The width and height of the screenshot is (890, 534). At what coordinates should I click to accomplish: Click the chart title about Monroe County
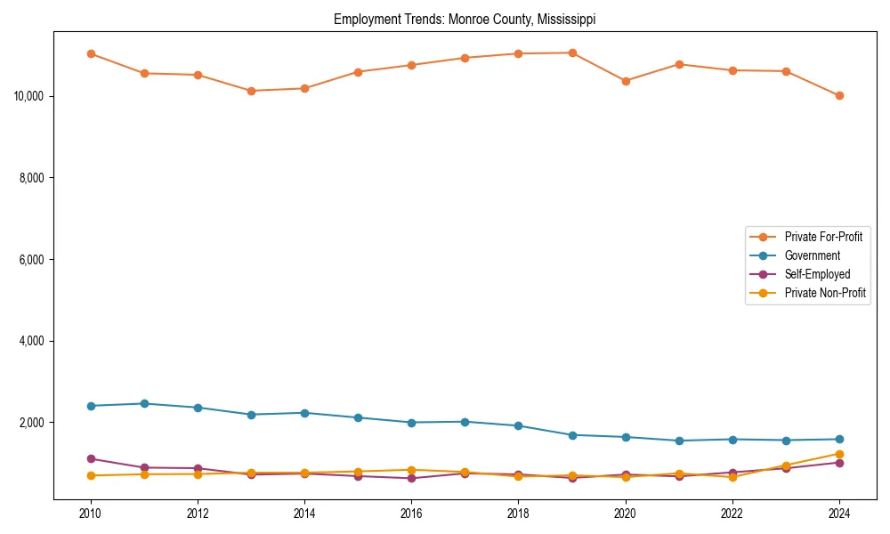[465, 19]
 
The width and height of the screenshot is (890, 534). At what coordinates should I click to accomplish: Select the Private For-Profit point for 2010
[91, 53]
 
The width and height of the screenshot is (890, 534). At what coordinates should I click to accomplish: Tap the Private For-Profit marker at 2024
[839, 95]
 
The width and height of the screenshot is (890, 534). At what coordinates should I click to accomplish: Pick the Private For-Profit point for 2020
[626, 81]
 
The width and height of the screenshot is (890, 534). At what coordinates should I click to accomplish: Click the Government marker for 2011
[144, 403]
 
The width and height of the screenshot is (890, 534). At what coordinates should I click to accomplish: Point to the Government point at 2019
[572, 435]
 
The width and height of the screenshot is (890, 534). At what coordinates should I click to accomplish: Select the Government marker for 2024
[839, 439]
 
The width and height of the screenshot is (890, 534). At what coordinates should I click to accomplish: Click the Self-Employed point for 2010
[91, 458]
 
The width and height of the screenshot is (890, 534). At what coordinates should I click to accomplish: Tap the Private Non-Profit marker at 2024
[839, 454]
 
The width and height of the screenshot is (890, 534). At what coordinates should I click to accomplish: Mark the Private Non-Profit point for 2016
[411, 470]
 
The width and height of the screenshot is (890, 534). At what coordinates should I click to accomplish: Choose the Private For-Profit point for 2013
[251, 91]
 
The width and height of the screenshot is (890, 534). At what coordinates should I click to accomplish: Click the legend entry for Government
[812, 255]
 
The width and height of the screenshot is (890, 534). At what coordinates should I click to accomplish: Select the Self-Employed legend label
[817, 274]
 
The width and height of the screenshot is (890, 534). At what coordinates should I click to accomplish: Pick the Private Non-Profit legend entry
[825, 293]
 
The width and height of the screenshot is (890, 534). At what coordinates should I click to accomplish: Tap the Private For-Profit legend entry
[823, 237]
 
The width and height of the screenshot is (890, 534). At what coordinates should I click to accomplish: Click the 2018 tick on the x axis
[518, 514]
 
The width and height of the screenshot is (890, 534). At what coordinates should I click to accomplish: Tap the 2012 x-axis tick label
[198, 514]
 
